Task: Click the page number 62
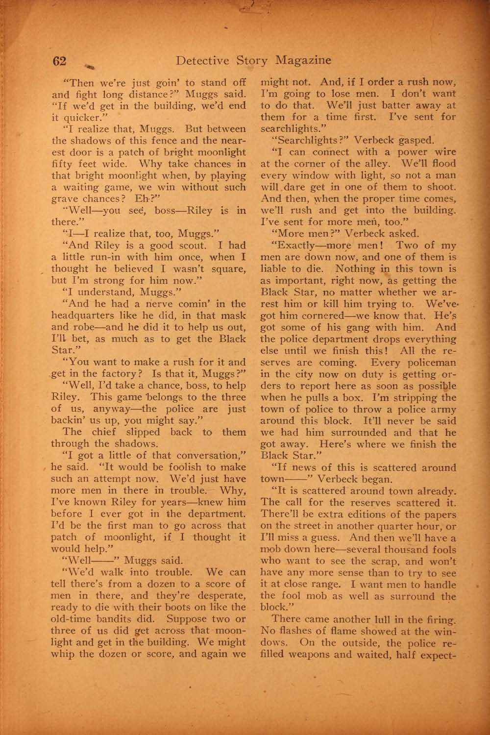[x=59, y=61]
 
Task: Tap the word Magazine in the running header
[x=303, y=60]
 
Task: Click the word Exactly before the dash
[x=298, y=245]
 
